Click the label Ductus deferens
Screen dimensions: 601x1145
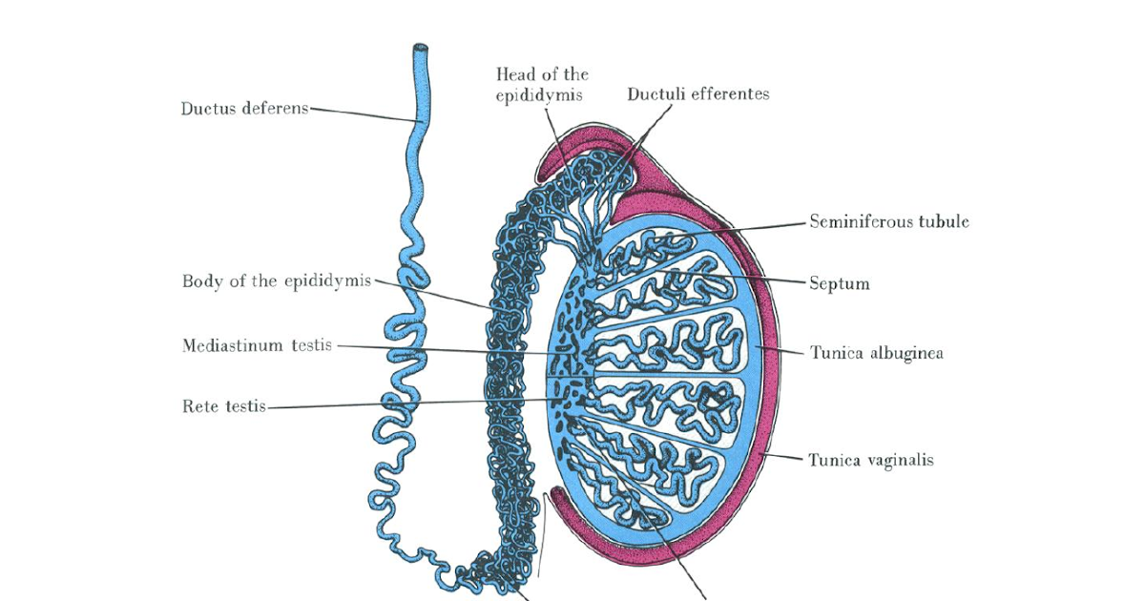244,108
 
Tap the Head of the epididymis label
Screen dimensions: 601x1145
542,84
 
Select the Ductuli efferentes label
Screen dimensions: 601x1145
698,93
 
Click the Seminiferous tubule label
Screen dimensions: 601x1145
889,221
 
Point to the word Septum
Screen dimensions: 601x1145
840,283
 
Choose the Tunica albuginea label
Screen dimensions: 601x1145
877,353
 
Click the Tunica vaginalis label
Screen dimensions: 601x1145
871,460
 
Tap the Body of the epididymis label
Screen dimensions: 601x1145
276,281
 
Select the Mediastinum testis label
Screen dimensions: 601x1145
257,345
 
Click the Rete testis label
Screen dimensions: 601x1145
223,406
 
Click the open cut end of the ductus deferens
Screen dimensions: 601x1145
420,48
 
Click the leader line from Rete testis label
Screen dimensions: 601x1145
410,403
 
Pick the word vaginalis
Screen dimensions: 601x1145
896,460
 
